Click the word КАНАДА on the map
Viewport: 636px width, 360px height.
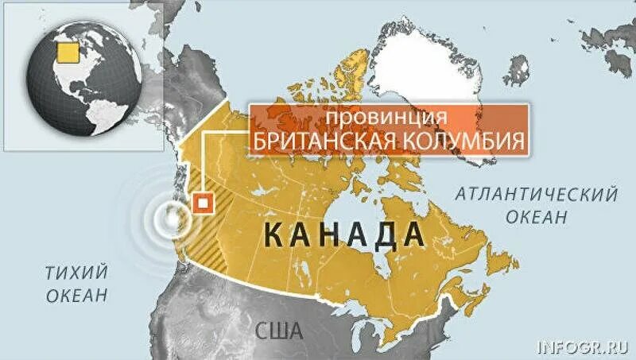pos(342,234)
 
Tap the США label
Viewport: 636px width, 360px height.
pos(279,330)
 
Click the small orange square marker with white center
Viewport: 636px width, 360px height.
pos(204,203)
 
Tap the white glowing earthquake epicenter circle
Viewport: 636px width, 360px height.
pos(169,215)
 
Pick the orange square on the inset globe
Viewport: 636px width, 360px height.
pos(68,51)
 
